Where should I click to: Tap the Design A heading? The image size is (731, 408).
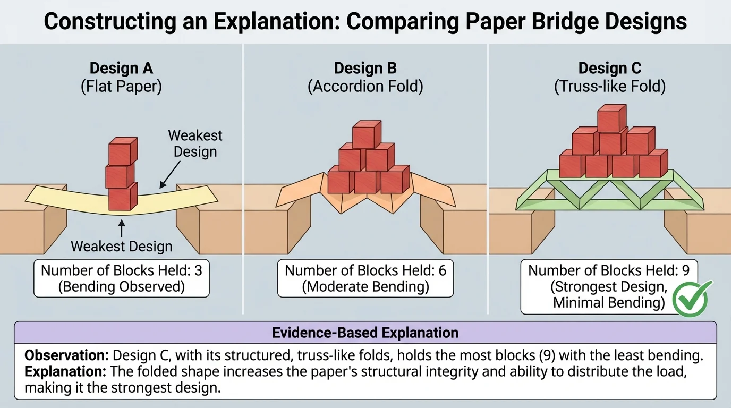point(121,69)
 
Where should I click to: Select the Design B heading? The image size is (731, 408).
point(365,69)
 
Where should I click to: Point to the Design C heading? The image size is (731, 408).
point(610,69)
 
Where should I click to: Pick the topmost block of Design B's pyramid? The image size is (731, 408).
point(367,135)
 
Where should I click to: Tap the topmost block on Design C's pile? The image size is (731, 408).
point(612,118)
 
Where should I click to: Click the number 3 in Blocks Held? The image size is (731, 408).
point(198,270)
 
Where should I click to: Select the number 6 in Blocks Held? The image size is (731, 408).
point(442,270)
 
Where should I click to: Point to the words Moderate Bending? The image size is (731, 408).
point(365,287)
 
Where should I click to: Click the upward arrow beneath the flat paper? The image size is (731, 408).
point(122,229)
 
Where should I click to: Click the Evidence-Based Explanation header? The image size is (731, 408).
point(365,333)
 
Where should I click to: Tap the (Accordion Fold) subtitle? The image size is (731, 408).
point(365,86)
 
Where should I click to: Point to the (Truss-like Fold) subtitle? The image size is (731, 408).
point(610,86)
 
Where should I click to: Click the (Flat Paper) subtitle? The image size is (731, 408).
point(121,86)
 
